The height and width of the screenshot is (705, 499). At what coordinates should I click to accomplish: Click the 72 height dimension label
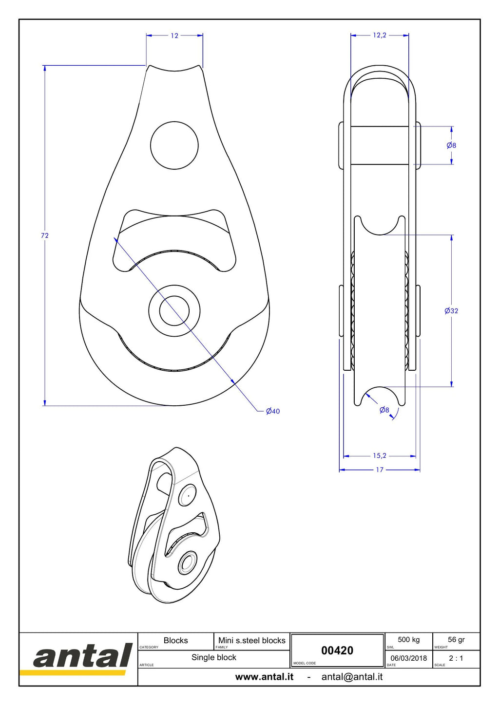click(45, 235)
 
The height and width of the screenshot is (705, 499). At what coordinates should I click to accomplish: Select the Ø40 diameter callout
click(273, 411)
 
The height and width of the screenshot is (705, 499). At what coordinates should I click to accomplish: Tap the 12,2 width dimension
click(380, 35)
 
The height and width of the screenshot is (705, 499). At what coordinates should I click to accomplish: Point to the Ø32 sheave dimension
click(451, 311)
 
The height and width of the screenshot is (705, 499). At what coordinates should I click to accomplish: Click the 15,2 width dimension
click(380, 455)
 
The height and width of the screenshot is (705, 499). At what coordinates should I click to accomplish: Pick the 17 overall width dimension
click(380, 470)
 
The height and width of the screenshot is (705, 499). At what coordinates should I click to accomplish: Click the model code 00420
click(337, 650)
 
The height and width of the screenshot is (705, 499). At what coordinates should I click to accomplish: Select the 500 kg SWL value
click(408, 639)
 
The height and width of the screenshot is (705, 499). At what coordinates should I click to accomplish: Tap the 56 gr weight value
click(456, 639)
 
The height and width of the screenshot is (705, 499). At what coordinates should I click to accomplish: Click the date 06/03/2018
click(408, 658)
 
